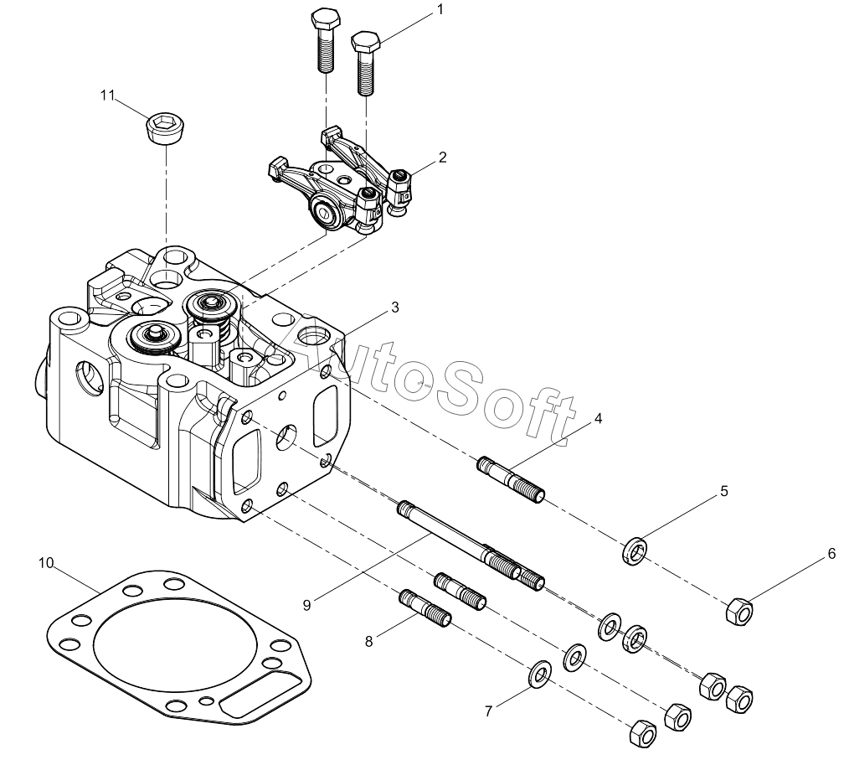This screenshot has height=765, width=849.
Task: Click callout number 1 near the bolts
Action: point(440,10)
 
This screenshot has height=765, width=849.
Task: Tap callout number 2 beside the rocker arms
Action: point(442,158)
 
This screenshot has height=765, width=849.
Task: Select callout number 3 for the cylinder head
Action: point(395,308)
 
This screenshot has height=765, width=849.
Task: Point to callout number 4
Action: point(598,418)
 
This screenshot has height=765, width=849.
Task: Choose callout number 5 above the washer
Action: point(724,491)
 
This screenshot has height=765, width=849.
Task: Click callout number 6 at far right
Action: point(831,554)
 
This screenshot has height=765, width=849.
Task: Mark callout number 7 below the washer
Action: point(488,711)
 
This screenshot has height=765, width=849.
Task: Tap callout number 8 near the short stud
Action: point(368,642)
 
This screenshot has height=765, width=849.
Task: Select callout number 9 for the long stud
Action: point(307,605)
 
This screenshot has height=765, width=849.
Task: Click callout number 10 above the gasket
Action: point(47,563)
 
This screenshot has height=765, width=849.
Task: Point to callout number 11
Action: point(107,96)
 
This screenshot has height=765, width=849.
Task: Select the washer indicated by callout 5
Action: point(634,550)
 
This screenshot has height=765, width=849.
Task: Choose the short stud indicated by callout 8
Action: point(425,608)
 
